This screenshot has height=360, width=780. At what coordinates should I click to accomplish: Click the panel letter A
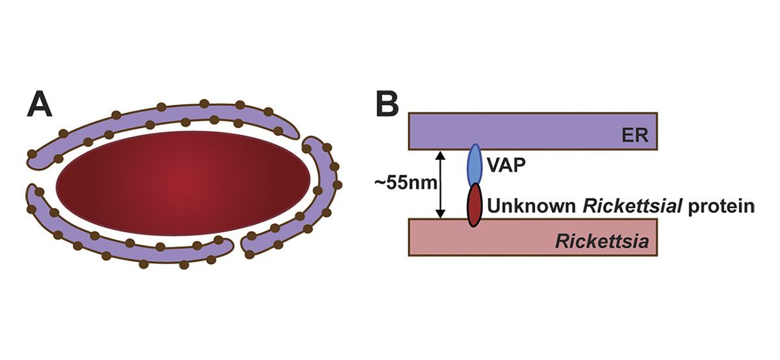point(40,104)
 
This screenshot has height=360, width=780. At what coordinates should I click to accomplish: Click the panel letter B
point(387,104)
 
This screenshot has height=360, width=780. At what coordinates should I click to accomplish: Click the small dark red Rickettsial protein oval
point(475,204)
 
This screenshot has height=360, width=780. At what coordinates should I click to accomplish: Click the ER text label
point(639,137)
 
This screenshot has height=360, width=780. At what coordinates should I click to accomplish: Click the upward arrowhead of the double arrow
point(441,155)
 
